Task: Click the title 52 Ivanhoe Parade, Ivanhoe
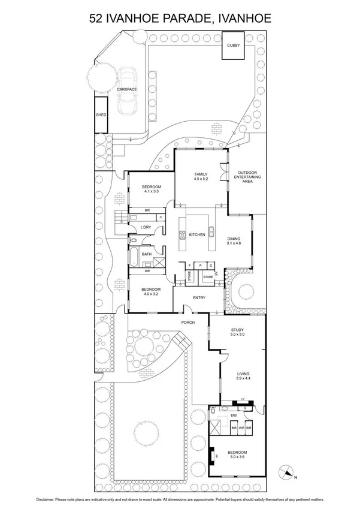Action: pyautogui.click(x=180, y=19)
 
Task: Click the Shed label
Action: pyautogui.click(x=100, y=115)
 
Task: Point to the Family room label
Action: pyautogui.click(x=200, y=174)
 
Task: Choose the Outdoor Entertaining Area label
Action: pyautogui.click(x=247, y=177)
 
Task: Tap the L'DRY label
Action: pyautogui.click(x=146, y=227)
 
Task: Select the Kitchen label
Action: pyautogui.click(x=197, y=234)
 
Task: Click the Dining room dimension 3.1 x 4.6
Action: pyautogui.click(x=234, y=243)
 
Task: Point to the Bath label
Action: pyautogui.click(x=147, y=254)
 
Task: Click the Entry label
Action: pyautogui.click(x=199, y=297)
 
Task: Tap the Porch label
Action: pyautogui.click(x=189, y=323)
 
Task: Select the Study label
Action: pyautogui.click(x=238, y=330)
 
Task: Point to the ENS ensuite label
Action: pyautogui.click(x=234, y=415)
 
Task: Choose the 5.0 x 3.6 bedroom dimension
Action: pyautogui.click(x=238, y=457)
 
